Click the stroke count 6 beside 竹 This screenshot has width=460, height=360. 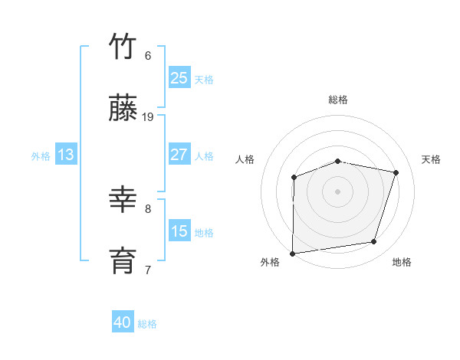point(148,55)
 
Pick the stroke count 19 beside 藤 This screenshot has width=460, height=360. point(148,117)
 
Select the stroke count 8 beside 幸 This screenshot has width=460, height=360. point(148,208)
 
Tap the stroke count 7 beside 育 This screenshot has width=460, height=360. point(148,269)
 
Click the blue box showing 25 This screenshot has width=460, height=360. point(179,77)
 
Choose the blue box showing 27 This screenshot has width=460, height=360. point(179,155)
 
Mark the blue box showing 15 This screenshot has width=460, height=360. point(179,231)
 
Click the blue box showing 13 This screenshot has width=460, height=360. point(66,155)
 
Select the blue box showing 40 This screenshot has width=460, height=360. point(123,322)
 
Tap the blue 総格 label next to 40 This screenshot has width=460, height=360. point(147,324)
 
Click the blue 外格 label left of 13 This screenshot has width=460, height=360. point(41,155)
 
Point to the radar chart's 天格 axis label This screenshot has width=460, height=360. point(432,159)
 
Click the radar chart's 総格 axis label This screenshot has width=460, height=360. point(338,100)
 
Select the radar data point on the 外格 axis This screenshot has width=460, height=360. point(293,254)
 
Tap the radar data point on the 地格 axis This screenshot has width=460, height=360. point(374,242)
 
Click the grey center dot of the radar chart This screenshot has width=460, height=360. point(338,191)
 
